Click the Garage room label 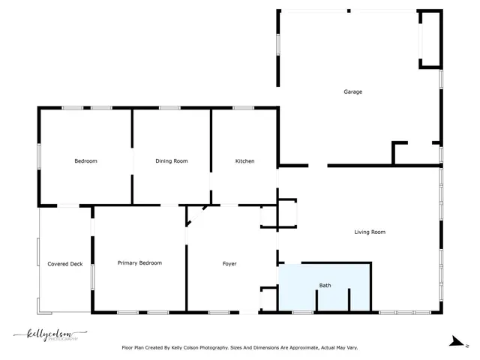(x=352, y=92)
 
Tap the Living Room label (x=370, y=232)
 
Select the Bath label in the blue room (x=325, y=286)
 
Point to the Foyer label (x=229, y=264)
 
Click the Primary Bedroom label (x=139, y=263)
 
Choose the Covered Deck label (x=65, y=264)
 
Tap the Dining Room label (x=171, y=161)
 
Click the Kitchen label (x=245, y=161)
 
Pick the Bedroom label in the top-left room (x=85, y=161)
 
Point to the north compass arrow (x=455, y=342)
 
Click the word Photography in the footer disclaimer (x=220, y=348)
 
